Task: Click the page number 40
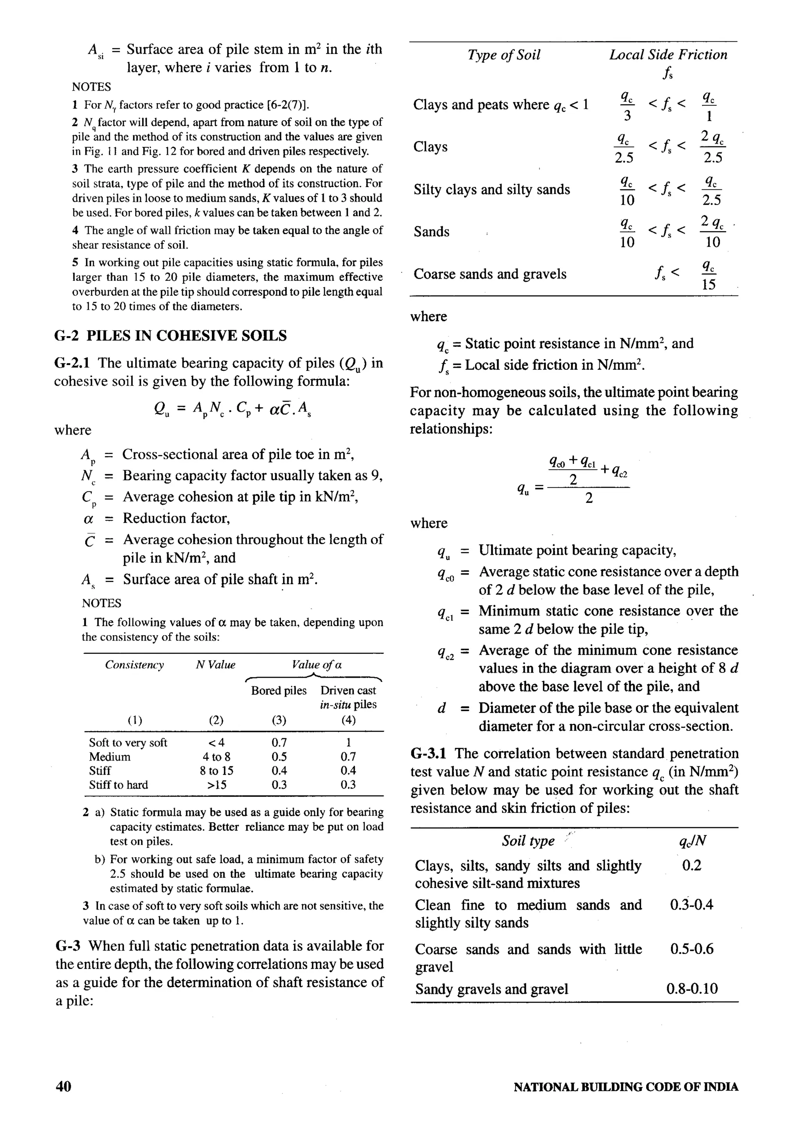[x=63, y=1086]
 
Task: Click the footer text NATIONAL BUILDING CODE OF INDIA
[x=626, y=1086]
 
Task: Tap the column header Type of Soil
[x=504, y=55]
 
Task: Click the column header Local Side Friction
[x=668, y=55]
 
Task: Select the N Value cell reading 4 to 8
[x=216, y=757]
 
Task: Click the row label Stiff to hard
[x=118, y=785]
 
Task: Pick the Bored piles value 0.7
[x=279, y=742]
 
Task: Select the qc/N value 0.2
[x=691, y=865]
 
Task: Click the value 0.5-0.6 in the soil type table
[x=691, y=949]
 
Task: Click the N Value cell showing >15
[x=216, y=785]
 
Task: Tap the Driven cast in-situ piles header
[x=348, y=697]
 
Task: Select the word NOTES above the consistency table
[x=102, y=603]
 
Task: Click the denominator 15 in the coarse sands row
[x=709, y=284]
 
